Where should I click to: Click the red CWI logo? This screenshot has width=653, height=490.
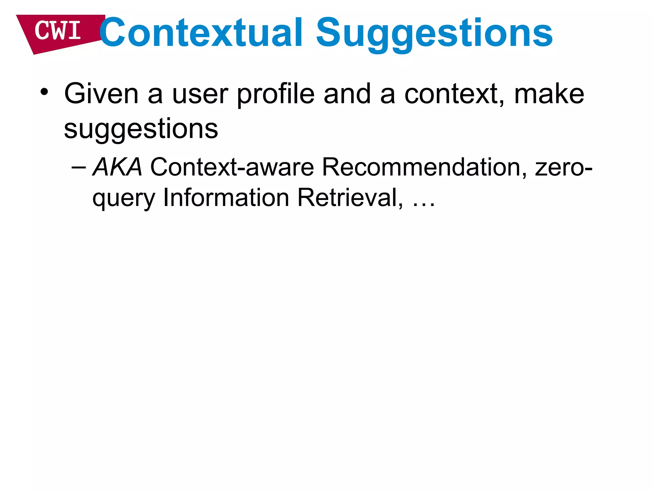pyautogui.click(x=59, y=32)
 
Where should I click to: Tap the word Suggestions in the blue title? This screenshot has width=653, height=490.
pyautogui.click(x=434, y=33)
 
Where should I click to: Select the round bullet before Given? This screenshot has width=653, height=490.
pyautogui.click(x=44, y=92)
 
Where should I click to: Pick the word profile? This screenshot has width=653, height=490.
pyautogui.click(x=276, y=94)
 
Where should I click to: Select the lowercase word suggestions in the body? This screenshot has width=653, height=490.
pyautogui.click(x=141, y=130)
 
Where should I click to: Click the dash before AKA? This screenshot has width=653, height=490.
pyautogui.click(x=79, y=167)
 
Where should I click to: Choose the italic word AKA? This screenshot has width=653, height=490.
pyautogui.click(x=117, y=167)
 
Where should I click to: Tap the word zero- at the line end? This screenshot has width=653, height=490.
pyautogui.click(x=563, y=167)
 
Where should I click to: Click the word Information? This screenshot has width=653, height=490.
pyautogui.click(x=226, y=197)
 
